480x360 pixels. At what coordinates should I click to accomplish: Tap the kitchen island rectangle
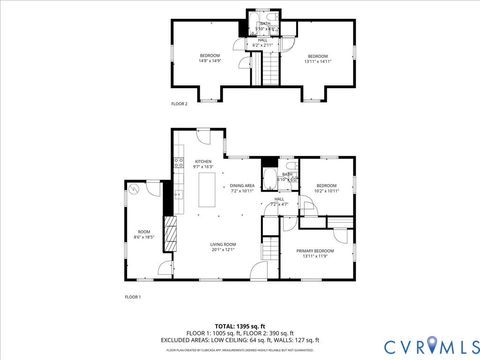(210, 190)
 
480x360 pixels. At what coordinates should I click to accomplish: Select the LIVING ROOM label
(222, 246)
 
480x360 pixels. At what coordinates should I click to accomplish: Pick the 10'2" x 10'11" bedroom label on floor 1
(328, 188)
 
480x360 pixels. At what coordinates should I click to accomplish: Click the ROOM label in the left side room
(144, 234)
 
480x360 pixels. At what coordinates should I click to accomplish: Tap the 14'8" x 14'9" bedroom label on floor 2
(209, 57)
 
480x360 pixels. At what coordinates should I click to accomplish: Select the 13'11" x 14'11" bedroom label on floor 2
(318, 57)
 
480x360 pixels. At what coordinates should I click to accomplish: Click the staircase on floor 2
(268, 69)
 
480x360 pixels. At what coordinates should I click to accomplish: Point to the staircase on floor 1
(271, 250)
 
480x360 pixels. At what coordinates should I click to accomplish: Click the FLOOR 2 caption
(179, 104)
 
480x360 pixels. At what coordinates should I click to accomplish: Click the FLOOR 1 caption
(132, 298)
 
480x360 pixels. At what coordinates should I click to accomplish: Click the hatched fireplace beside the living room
(170, 239)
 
